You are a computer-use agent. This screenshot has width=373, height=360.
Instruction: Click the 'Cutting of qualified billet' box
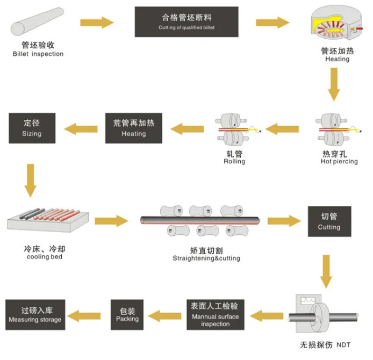coord(186,22)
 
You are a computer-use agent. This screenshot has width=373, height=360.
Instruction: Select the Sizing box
coord(32,127)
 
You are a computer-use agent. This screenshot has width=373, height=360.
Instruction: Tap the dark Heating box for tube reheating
coord(134,127)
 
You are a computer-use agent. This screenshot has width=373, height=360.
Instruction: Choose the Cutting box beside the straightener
coord(329,221)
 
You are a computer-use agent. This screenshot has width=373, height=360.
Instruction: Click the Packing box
coord(127,314)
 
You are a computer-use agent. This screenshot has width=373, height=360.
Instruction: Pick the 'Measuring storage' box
coord(35,314)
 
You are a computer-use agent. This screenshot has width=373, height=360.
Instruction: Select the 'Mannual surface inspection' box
coord(214,314)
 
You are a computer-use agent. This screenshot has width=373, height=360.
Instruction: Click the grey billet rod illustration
coord(38,23)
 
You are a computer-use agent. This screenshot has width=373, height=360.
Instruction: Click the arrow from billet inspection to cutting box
coord(97,23)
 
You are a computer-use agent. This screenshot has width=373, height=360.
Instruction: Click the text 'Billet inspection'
coord(38,54)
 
